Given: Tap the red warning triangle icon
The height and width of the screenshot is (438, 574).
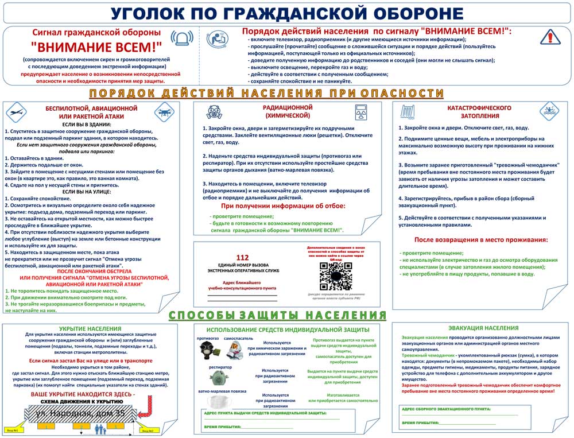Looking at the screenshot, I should pos(549,37).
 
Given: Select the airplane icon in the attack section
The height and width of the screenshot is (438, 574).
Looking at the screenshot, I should pos(15,110).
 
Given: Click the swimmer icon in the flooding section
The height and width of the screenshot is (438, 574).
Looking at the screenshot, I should pos(549,110).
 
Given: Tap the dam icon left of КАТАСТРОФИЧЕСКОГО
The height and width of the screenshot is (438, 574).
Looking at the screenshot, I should pos(409,110).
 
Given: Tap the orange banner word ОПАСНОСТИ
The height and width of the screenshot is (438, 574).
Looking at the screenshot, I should pos(401,93).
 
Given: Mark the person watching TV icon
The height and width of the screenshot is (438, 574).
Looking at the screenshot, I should pos(219,38).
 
